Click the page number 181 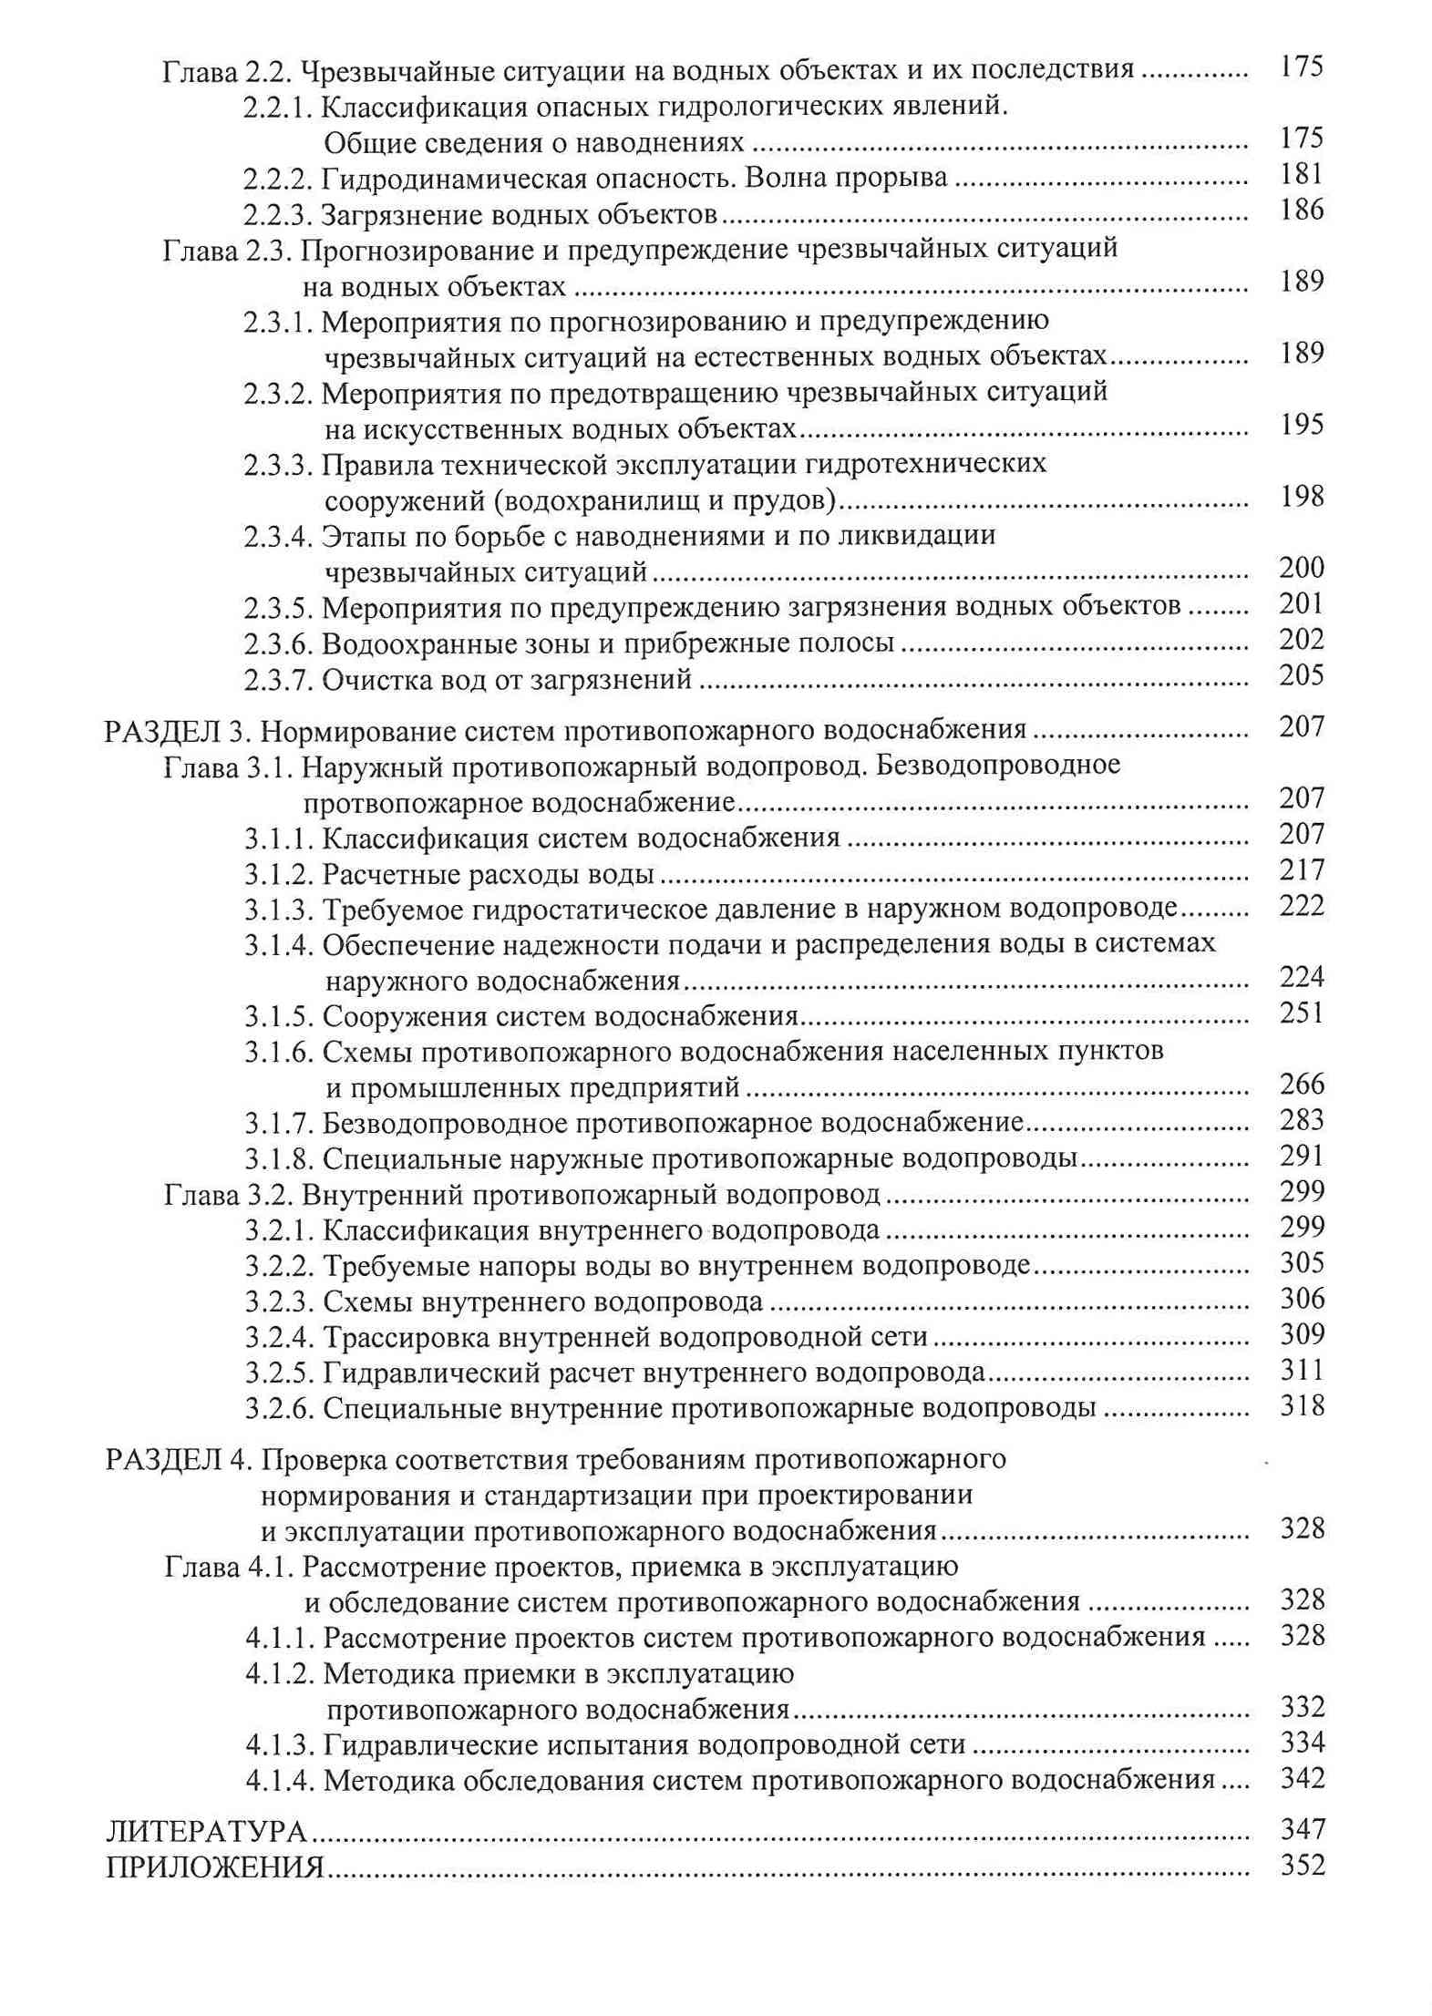[1301, 174]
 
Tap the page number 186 [1301, 211]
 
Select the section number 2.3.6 [278, 643]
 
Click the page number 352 [1302, 1865]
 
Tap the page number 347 [1302, 1829]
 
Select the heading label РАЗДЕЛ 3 [177, 730]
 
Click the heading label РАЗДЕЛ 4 [177, 1460]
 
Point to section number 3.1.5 [279, 1016]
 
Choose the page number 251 [1301, 1013]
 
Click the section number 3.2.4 [279, 1338]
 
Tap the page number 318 [1301, 1405]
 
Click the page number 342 [1302, 1778]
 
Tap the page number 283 [1301, 1120]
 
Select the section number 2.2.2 [278, 179]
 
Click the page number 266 [1301, 1085]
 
